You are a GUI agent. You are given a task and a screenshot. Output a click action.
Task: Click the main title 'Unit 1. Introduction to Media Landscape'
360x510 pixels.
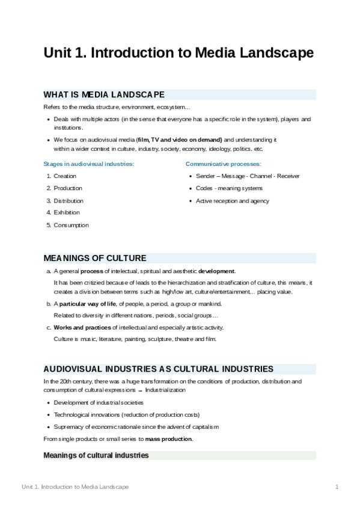[178, 53]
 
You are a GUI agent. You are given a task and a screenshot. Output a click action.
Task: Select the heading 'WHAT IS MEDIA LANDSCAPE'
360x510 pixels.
[104, 94]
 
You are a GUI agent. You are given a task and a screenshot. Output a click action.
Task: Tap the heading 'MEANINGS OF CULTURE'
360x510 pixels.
[95, 258]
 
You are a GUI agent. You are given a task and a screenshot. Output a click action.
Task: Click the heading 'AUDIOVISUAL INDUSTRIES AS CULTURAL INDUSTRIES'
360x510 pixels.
[158, 369]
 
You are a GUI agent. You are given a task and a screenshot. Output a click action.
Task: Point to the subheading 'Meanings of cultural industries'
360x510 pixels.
[96, 455]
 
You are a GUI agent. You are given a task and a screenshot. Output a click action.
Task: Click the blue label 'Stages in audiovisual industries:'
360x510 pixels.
[88, 164]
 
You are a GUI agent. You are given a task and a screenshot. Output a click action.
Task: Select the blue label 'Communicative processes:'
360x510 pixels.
[223, 164]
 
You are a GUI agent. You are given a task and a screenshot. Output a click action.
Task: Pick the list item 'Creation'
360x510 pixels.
[65, 176]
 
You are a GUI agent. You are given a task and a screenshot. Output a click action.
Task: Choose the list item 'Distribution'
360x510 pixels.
[69, 201]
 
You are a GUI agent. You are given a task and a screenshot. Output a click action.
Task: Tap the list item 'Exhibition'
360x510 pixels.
[67, 212]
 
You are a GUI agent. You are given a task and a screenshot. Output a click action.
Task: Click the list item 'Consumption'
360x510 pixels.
[71, 225]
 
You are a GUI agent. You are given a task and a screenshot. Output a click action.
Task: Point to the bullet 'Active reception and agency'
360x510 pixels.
[232, 201]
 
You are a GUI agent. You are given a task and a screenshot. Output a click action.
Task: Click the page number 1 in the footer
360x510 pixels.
[337, 487]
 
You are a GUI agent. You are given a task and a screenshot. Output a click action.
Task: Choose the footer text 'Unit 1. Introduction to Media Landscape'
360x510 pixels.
[75, 487]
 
